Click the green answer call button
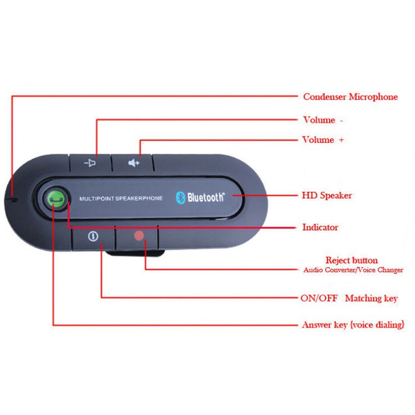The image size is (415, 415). tap(57, 198)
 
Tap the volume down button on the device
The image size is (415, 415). tap(90, 163)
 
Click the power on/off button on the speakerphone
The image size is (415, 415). tap(93, 238)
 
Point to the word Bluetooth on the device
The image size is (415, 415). tap(206, 197)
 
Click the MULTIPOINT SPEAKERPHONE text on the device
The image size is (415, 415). tap(121, 198)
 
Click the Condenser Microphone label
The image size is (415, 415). tap(350, 96)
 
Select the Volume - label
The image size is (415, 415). tap(323, 120)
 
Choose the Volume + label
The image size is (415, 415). tap(323, 140)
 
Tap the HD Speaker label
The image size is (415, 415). tap(327, 196)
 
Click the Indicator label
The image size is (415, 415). tap(320, 227)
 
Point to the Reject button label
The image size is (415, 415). tap(351, 260)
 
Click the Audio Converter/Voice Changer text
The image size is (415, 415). tap(353, 270)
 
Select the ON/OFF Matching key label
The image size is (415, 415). tap(349, 298)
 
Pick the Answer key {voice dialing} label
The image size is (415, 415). tap(353, 325)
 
